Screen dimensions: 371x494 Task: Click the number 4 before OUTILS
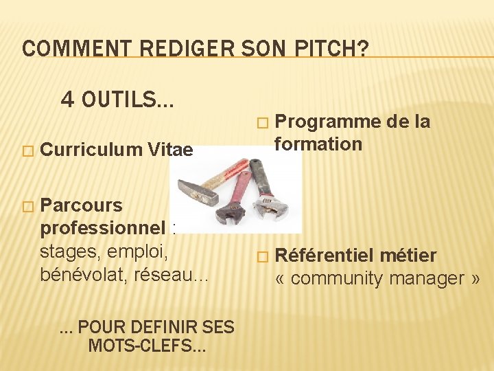(67, 100)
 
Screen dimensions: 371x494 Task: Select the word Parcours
(82, 205)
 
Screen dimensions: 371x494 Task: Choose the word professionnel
(103, 227)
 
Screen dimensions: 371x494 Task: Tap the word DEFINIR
(162, 327)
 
